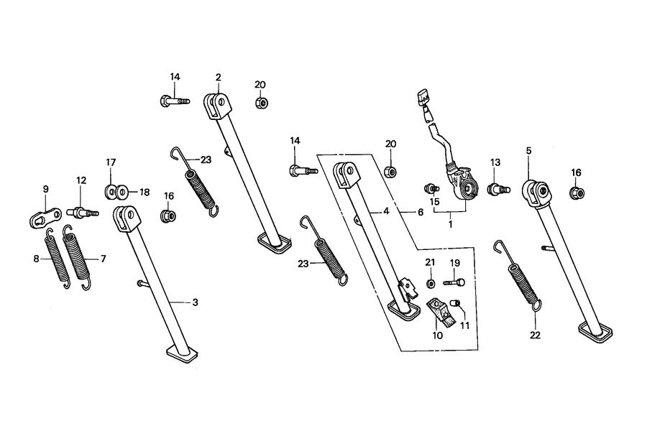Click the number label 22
(535, 335)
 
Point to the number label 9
(45, 189)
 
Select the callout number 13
(495, 162)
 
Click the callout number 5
(528, 151)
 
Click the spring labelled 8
(55, 259)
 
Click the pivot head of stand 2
(218, 104)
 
